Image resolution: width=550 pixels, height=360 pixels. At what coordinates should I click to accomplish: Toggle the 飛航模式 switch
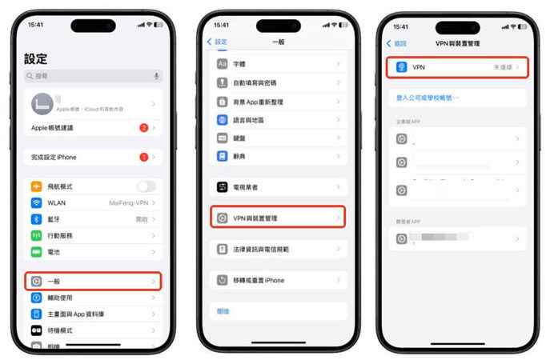pyautogui.click(x=146, y=186)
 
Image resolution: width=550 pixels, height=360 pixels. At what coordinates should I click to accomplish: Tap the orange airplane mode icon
pyautogui.click(x=36, y=186)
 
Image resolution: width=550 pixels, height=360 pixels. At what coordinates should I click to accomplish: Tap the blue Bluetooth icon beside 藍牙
pyautogui.click(x=36, y=219)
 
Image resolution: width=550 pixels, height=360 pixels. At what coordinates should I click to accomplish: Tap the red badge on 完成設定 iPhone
pyautogui.click(x=143, y=158)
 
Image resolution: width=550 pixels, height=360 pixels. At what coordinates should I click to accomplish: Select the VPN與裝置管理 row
pyautogui.click(x=278, y=218)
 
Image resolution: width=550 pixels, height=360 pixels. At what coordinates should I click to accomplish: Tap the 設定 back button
pyautogui.click(x=218, y=42)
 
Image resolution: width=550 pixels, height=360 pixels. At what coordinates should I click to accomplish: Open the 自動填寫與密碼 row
pyautogui.click(x=278, y=82)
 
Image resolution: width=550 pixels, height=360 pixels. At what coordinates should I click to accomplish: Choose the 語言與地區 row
pyautogui.click(x=278, y=120)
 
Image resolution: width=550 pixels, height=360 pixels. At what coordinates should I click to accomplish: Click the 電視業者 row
pyautogui.click(x=278, y=186)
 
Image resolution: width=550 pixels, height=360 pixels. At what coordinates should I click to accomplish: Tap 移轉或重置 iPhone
pyautogui.click(x=278, y=281)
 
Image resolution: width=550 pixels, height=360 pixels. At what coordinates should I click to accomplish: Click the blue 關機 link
pyautogui.click(x=223, y=311)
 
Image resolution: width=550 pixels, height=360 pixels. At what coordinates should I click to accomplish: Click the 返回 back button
pyautogui.click(x=397, y=43)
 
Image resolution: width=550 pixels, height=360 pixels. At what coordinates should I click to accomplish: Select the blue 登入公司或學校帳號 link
pyautogui.click(x=428, y=98)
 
